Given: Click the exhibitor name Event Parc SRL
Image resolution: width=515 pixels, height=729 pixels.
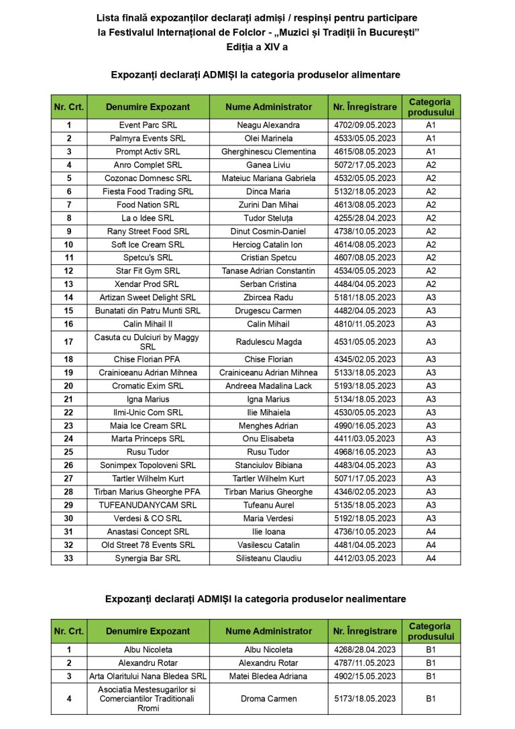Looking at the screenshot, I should pos(148,125).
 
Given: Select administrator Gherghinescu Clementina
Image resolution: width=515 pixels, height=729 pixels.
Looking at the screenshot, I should pos(268,152).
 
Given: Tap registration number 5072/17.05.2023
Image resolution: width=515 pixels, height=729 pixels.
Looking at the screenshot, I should pos(365,165).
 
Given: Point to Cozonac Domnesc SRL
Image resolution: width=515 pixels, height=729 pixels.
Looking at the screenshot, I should pos(148,178).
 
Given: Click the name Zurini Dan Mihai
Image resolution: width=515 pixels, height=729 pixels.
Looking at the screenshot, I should pos(268,205).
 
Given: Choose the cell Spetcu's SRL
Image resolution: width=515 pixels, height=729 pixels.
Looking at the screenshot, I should pos(148,258).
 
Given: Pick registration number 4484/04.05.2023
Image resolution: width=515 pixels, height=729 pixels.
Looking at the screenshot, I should pos(365,284).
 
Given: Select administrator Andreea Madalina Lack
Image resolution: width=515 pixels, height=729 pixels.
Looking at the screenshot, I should pos(268,386).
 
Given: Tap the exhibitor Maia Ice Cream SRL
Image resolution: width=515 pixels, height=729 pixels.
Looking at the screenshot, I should pos(148,426).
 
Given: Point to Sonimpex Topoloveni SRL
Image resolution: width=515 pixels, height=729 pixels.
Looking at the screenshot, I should pos(148,465).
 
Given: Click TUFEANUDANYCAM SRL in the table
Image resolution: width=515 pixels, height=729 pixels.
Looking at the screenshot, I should pos(148,505).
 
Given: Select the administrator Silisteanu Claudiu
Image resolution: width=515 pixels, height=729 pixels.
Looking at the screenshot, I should pos(268,558).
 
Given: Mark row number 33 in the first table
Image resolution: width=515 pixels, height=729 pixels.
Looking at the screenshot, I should pos(69,558).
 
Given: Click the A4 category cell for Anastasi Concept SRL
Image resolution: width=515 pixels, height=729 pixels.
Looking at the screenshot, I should pos(431,532).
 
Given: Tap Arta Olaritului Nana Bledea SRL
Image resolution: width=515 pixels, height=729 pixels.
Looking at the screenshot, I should pos(148,676).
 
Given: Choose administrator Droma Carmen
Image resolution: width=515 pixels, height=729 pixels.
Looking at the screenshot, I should pos(268,699).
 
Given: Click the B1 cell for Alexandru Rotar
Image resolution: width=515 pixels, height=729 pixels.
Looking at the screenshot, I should pos(431,663).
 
